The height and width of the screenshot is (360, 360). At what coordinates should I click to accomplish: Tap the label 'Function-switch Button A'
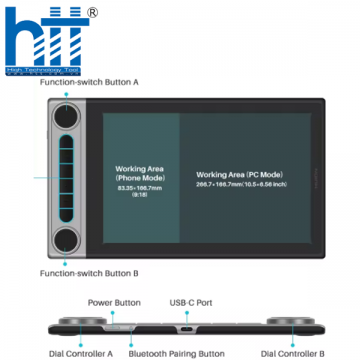point(88,83)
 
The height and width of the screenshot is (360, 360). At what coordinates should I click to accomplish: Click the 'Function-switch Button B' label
point(88,272)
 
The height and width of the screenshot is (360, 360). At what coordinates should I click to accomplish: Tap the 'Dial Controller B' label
point(292,352)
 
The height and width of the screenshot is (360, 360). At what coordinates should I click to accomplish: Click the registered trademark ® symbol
point(93,12)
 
